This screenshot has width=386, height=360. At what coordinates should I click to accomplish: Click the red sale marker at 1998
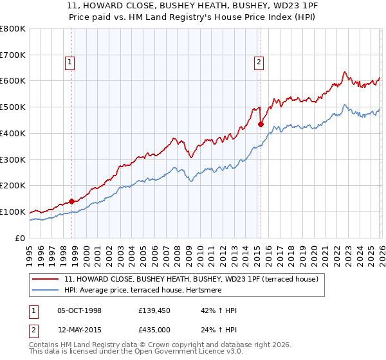pyautogui.click(x=71, y=201)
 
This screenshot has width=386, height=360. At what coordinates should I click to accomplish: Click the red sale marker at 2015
pyautogui.click(x=261, y=124)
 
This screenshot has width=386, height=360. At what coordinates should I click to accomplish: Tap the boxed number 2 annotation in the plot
pyautogui.click(x=258, y=62)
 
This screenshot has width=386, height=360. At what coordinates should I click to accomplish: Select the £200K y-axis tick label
pyautogui.click(x=13, y=186)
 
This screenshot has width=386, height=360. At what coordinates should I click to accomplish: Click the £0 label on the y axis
pyautogui.click(x=21, y=238)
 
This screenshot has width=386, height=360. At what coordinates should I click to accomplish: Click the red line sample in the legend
pyautogui.click(x=46, y=280)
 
